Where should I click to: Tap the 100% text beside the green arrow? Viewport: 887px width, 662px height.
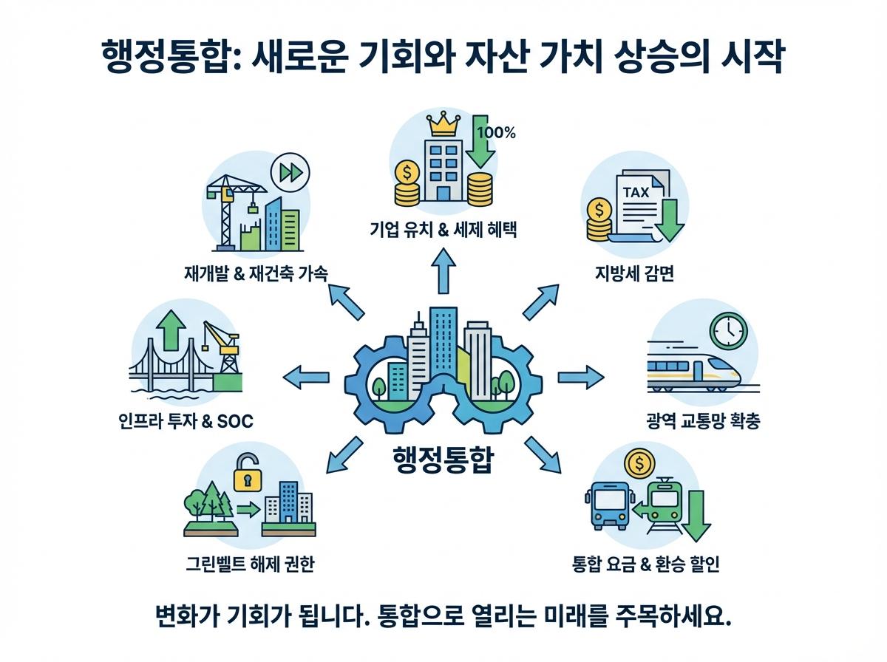497,133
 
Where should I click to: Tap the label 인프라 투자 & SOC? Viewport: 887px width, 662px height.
185,422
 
